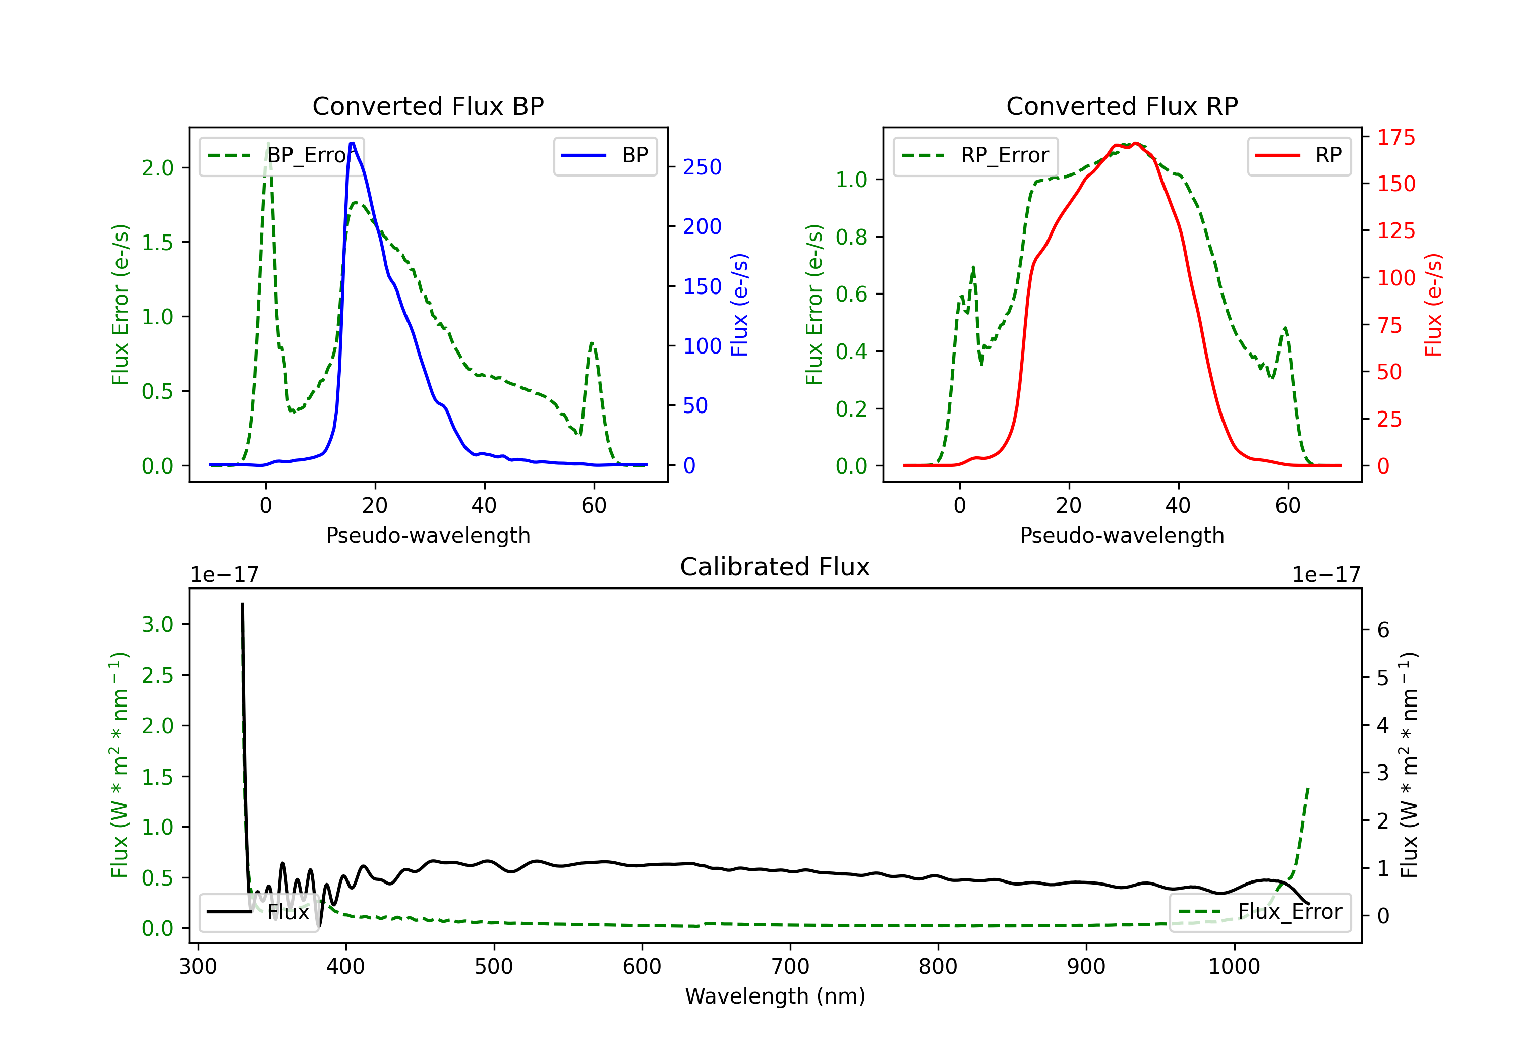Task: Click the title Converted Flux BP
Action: click(428, 106)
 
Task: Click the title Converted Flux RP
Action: click(1122, 106)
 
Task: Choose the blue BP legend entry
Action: click(606, 155)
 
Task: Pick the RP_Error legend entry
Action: click(976, 155)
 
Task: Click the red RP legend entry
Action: click(1299, 155)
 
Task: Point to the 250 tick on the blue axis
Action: click(702, 167)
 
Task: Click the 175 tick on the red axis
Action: click(1395, 137)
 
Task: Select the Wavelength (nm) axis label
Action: click(775, 996)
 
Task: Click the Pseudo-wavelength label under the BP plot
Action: click(428, 535)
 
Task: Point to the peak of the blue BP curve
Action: click(352, 143)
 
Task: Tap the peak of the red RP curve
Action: click(1135, 143)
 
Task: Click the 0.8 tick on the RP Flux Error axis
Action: click(851, 237)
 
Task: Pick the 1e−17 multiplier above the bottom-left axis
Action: click(224, 575)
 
